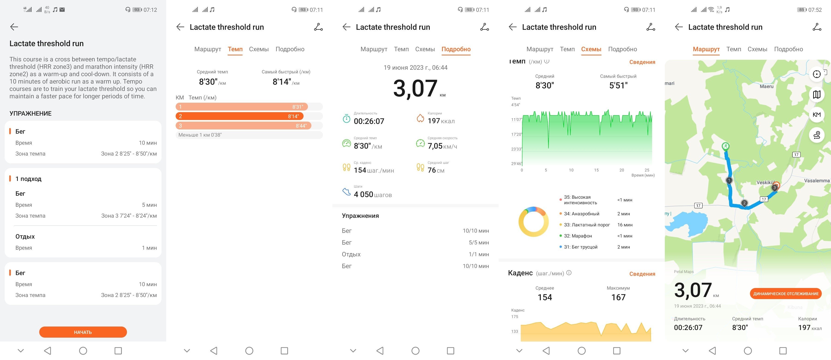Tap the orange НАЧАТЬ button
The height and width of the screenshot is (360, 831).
[x=83, y=332]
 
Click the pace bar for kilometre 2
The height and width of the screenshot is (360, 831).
[x=239, y=116]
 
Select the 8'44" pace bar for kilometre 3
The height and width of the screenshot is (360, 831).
[x=243, y=126]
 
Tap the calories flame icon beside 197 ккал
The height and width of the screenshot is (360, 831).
[x=420, y=118]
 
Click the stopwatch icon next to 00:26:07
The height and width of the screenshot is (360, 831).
[x=346, y=118]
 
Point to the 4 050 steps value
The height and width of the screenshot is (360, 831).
[x=373, y=194]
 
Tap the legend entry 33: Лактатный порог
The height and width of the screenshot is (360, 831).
[x=587, y=225]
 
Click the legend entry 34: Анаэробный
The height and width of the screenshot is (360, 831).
[x=581, y=213]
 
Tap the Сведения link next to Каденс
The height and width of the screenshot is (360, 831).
[x=642, y=274]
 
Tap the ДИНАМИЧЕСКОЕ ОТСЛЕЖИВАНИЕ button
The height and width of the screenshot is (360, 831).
[x=786, y=294]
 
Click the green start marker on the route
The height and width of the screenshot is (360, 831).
[x=726, y=147]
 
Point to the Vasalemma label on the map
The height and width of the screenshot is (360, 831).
[x=816, y=181]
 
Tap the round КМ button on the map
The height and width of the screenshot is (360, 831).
[x=816, y=114]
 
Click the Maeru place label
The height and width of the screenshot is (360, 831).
[x=766, y=87]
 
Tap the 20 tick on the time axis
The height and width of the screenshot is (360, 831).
[x=622, y=170]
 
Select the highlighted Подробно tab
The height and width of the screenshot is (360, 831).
[x=456, y=49]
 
